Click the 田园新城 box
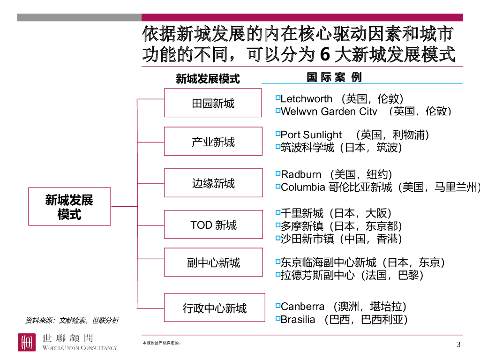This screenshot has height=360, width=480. [213, 103]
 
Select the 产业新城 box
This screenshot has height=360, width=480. [213, 141]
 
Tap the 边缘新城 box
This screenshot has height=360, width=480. [213, 183]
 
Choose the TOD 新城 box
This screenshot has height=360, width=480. [213, 225]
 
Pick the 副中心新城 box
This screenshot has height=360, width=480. [213, 262]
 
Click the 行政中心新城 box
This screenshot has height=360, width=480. [214, 307]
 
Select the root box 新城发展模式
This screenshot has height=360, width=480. [69, 207]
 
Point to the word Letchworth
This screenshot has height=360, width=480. [307, 99]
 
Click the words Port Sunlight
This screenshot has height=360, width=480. [311, 135]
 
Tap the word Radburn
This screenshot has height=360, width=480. [301, 174]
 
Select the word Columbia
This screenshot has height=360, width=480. [303, 187]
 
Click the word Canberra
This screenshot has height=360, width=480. [302, 307]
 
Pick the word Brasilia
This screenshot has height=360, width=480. [298, 320]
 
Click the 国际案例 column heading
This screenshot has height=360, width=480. [334, 77]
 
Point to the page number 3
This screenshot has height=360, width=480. [458, 345]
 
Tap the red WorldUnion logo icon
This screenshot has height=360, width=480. [27, 342]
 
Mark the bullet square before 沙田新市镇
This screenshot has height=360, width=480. [277, 238]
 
